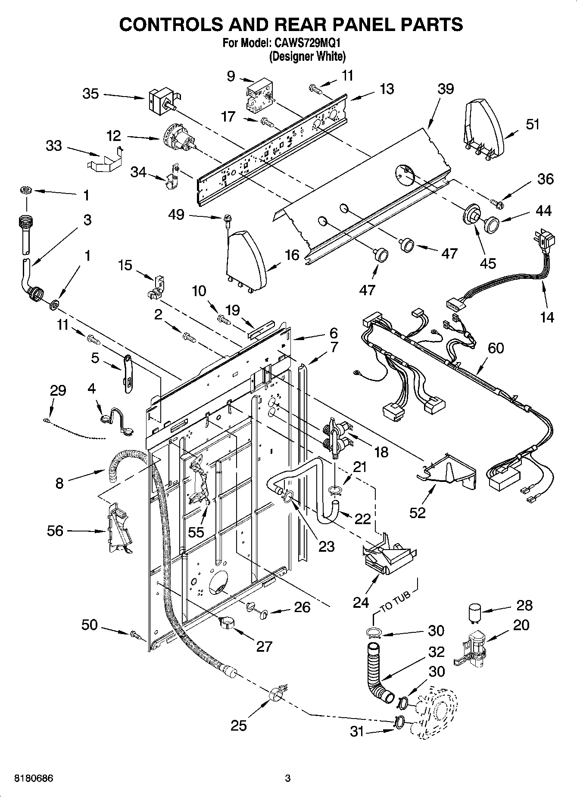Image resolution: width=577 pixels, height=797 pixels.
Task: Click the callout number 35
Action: point(90,94)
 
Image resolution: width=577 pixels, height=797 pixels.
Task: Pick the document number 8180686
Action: point(34,778)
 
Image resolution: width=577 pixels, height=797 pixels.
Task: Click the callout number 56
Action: point(55,531)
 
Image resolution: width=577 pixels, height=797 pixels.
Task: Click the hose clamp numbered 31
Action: point(399,721)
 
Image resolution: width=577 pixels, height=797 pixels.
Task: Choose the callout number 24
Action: point(361,602)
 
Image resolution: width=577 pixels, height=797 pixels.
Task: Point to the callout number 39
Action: point(446,89)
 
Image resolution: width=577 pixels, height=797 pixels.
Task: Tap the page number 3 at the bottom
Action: point(288,778)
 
